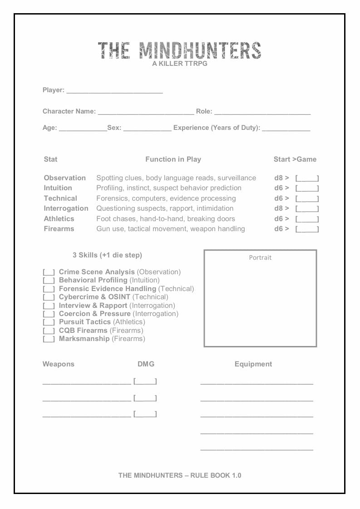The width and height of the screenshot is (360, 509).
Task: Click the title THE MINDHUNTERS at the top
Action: pyautogui.click(x=179, y=50)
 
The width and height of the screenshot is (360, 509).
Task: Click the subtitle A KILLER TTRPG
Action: pyautogui.click(x=180, y=64)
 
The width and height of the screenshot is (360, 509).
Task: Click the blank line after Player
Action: pyautogui.click(x=114, y=91)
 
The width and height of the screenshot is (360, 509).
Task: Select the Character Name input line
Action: pyautogui.click(x=146, y=112)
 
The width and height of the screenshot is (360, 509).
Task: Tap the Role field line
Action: pyautogui.click(x=262, y=112)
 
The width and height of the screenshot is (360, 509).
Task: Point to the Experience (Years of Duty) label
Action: pyautogui.click(x=217, y=128)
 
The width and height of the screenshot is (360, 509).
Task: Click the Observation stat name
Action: pyautogui.click(x=64, y=178)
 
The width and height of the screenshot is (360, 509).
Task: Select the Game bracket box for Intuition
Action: pyautogui.click(x=307, y=188)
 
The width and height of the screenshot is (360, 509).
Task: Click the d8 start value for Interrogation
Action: pyautogui.click(x=278, y=208)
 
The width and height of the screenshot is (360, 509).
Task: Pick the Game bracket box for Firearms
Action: pyautogui.click(x=307, y=229)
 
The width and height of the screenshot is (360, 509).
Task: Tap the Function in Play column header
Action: pyautogui.click(x=173, y=159)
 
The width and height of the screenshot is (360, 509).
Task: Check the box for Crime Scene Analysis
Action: pyautogui.click(x=49, y=272)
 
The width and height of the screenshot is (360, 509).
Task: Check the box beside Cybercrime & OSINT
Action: pyautogui.click(x=49, y=297)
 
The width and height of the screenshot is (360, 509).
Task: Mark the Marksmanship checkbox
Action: pyautogui.click(x=49, y=339)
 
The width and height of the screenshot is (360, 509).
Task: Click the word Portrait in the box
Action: pyautogui.click(x=260, y=258)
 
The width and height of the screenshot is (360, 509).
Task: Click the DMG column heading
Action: pyautogui.click(x=146, y=364)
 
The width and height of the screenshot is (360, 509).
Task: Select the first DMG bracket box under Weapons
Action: pyautogui.click(x=145, y=381)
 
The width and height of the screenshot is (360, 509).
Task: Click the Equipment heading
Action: pyautogui.click(x=253, y=364)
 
